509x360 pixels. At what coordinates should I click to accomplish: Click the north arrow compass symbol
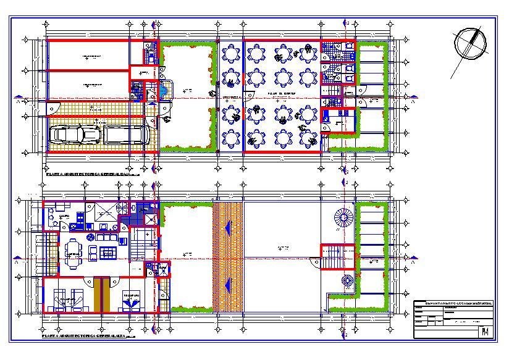coord(469,44)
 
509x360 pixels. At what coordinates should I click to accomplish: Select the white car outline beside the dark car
coord(124,134)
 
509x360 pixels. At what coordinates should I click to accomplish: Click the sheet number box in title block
coord(485,332)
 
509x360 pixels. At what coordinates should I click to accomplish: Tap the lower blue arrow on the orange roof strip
coord(228,285)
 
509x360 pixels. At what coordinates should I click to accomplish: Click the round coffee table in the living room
coord(92,237)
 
